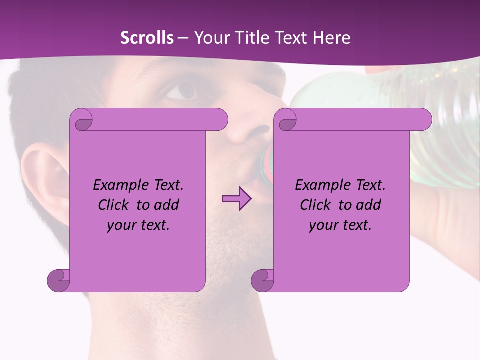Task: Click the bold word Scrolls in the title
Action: click(147, 38)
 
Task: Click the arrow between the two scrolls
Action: click(236, 199)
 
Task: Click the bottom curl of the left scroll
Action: click(59, 280)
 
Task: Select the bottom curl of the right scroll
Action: click(262, 280)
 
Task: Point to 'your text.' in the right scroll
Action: click(340, 225)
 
